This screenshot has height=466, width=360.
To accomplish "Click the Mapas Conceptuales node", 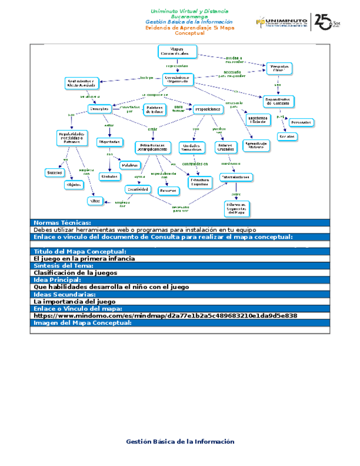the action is [177, 52].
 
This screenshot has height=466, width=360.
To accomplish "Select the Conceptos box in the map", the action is [99, 109].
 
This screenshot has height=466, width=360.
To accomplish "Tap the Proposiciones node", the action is [208, 109].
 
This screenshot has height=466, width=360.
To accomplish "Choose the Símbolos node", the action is [109, 176].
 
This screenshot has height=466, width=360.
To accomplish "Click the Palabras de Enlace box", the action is [154, 109].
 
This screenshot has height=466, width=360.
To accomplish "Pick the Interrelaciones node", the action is [236, 177].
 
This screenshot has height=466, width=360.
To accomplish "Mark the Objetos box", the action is [74, 185].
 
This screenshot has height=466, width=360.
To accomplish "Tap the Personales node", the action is [301, 122].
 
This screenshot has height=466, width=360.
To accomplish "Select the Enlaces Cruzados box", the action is [225, 147].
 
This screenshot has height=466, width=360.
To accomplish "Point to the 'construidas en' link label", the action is [195, 164].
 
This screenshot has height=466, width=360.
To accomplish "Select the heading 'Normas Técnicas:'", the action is [62, 223].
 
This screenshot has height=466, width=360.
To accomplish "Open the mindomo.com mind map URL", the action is [165, 316].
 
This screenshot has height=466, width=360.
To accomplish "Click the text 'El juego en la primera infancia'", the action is [84, 258].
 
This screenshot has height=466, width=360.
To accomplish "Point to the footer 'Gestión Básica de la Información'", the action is [180, 441].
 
